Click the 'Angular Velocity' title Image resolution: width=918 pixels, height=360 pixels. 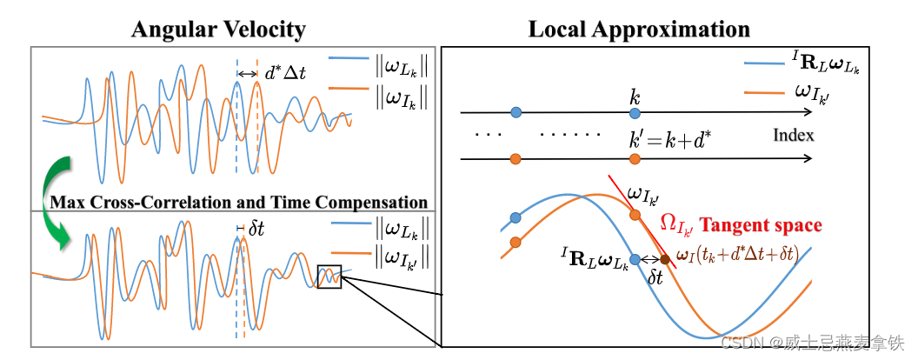point(218,30)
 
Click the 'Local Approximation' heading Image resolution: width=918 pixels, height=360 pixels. point(639,30)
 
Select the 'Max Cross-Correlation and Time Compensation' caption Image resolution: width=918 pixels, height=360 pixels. point(239,203)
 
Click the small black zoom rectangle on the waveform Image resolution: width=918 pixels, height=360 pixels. point(329,277)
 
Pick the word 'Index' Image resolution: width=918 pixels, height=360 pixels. point(793,136)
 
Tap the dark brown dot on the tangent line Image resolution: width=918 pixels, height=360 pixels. point(665,259)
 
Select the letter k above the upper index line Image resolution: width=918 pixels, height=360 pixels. point(635,94)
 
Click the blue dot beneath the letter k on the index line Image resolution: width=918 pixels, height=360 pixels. point(635,113)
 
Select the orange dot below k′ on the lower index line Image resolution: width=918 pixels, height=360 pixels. point(635,159)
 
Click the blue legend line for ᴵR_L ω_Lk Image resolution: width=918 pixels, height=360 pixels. point(764,63)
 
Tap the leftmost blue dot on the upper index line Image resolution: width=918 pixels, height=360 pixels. point(516,113)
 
